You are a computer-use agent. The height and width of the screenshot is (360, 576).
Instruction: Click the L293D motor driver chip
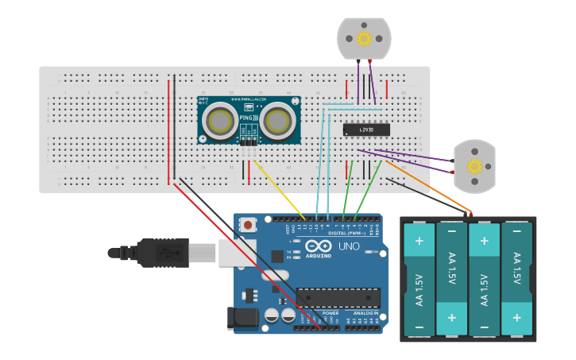366,129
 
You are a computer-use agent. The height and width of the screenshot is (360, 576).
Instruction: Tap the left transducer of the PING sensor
218,122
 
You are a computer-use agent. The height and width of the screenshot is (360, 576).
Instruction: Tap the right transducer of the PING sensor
278,121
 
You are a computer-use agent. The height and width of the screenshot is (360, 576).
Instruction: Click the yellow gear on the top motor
364,38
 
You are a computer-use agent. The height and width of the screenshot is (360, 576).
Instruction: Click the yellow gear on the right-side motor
474,166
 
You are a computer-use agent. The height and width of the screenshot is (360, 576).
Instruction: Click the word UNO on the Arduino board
350,246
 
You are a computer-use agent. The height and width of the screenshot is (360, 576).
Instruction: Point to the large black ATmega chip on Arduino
338,297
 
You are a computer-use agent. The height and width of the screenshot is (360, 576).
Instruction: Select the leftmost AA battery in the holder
419,278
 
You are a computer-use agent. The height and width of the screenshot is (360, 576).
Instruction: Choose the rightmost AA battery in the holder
516,278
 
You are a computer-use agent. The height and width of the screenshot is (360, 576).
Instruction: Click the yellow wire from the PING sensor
278,188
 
